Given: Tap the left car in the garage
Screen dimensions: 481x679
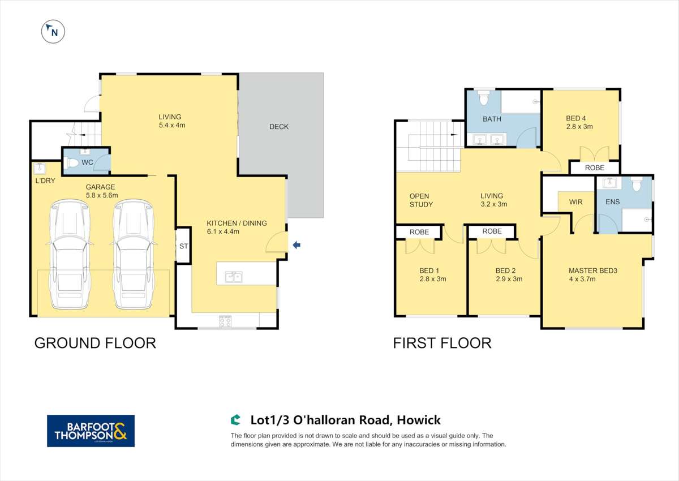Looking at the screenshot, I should coord(70,255).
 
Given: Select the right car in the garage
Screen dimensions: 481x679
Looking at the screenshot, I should coord(134,255).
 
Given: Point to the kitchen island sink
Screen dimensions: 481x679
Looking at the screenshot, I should coord(234,277).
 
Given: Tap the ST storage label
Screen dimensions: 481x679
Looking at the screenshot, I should coord(183,246).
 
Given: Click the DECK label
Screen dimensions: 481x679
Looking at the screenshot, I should coord(279,127).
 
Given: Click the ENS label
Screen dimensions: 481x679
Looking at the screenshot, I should coord(612,202).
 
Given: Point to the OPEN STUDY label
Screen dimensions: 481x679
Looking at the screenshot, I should coord(421,200).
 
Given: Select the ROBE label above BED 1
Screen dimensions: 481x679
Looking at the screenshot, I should coord(419,232).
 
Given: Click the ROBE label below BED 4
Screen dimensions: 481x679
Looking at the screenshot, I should coord(594,168).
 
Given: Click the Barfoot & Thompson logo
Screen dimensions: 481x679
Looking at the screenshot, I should coord(91,431).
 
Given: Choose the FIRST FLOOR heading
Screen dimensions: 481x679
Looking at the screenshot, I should coord(442,343).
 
